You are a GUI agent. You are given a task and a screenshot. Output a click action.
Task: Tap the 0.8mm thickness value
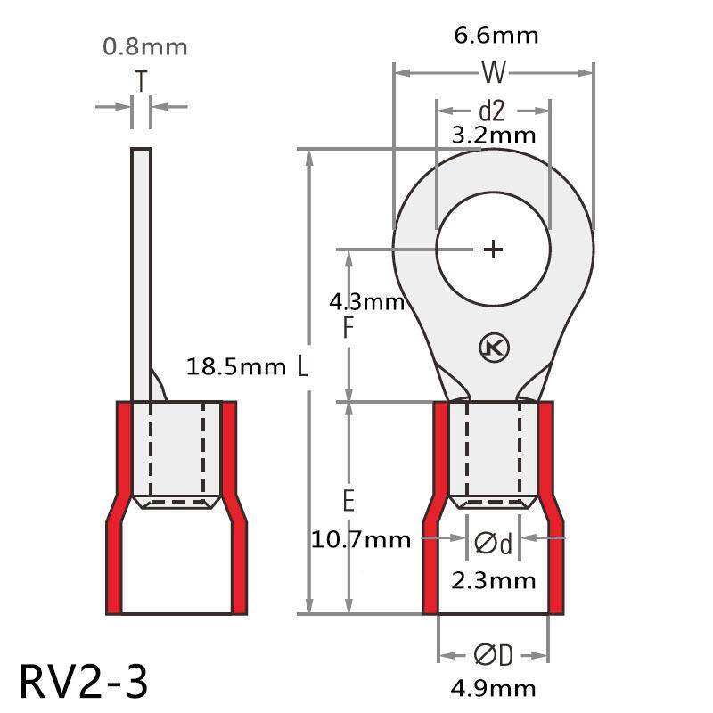click(x=143, y=46)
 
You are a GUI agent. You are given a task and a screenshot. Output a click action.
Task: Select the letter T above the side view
click(x=141, y=82)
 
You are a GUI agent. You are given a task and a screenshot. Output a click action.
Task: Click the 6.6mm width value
click(x=496, y=36)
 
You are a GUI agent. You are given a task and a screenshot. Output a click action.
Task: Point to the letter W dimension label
click(x=493, y=72)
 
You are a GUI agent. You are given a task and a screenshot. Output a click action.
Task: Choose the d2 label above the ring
click(x=492, y=111)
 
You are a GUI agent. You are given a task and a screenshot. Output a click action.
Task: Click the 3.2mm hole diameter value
click(x=494, y=135)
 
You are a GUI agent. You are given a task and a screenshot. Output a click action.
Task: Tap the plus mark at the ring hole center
click(x=493, y=250)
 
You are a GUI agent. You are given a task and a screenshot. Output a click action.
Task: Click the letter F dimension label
click(x=348, y=329)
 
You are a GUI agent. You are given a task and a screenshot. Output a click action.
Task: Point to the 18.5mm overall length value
click(x=236, y=365)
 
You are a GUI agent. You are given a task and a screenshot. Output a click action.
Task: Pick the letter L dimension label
click(x=304, y=366)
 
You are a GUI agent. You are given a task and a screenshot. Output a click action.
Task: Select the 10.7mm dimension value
click(x=361, y=539)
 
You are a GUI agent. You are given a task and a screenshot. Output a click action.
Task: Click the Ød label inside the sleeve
click(x=494, y=542)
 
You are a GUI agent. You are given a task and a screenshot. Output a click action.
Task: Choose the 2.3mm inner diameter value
click(x=494, y=581)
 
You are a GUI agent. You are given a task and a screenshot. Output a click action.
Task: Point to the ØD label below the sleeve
click(x=493, y=656)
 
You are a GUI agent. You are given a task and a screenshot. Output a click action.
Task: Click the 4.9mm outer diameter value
click(x=494, y=687)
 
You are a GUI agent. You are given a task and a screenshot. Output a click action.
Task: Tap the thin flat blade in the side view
click(x=140, y=267)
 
